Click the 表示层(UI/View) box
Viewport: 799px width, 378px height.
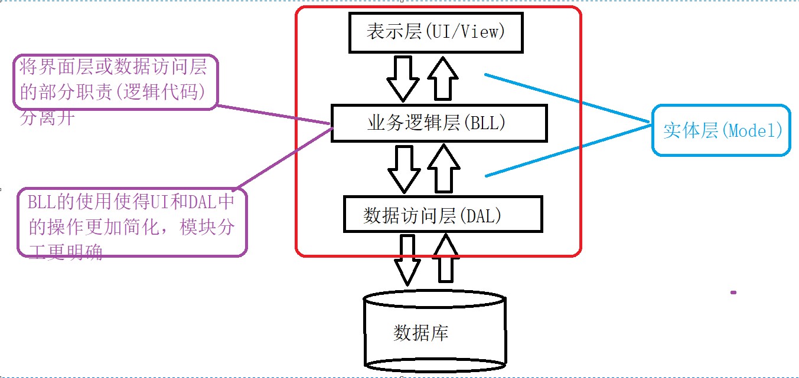(436, 32)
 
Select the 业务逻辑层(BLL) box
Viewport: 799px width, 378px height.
(439, 123)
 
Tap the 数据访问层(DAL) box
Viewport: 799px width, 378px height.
(442, 215)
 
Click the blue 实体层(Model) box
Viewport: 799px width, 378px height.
(720, 130)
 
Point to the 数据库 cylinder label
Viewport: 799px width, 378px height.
(420, 333)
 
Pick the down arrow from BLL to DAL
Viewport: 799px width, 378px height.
(404, 169)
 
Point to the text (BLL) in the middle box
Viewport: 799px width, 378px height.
(485, 123)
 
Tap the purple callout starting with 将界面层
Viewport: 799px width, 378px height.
(115, 83)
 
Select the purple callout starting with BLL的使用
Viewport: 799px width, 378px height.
(131, 223)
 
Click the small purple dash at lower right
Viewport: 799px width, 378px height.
(733, 292)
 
